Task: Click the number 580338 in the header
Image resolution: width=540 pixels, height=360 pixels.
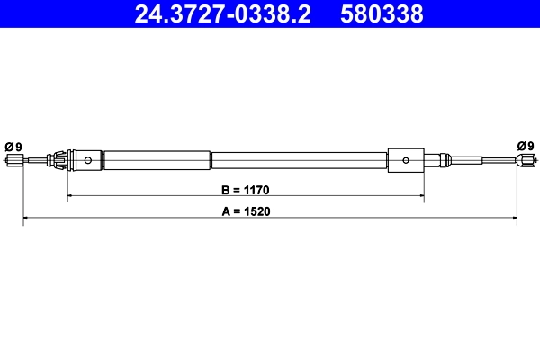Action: point(381,13)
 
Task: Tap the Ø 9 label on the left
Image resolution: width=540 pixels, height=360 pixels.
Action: point(13,146)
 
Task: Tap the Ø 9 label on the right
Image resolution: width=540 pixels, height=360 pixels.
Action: point(526,146)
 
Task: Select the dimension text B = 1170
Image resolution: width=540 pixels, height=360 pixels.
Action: point(246,190)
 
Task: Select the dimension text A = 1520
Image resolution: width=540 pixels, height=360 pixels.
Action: point(246,212)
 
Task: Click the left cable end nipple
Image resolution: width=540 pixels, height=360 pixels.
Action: point(14,161)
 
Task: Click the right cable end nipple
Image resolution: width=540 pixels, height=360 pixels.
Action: point(525,161)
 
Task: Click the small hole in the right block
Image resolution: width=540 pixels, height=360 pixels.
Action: point(407,161)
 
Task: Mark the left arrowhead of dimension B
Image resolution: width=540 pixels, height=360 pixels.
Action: point(71,195)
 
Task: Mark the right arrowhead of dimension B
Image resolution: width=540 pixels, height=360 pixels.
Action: point(421,195)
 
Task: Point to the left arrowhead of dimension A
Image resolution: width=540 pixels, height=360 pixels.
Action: point(26,218)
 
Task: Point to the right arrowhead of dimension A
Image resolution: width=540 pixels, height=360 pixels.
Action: point(515,218)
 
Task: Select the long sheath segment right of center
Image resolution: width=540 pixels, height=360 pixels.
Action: point(299,161)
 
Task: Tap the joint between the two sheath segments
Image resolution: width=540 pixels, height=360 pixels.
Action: point(211,161)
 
